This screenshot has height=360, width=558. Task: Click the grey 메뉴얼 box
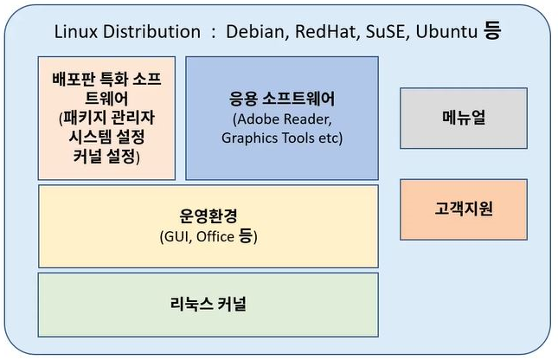[x=462, y=118]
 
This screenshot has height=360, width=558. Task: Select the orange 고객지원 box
[x=462, y=209]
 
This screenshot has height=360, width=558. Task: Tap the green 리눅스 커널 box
[x=208, y=305]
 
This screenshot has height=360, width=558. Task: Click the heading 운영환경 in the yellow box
[x=208, y=217]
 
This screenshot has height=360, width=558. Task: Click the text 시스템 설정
[x=106, y=138]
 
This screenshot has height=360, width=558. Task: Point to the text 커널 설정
[x=106, y=157]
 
